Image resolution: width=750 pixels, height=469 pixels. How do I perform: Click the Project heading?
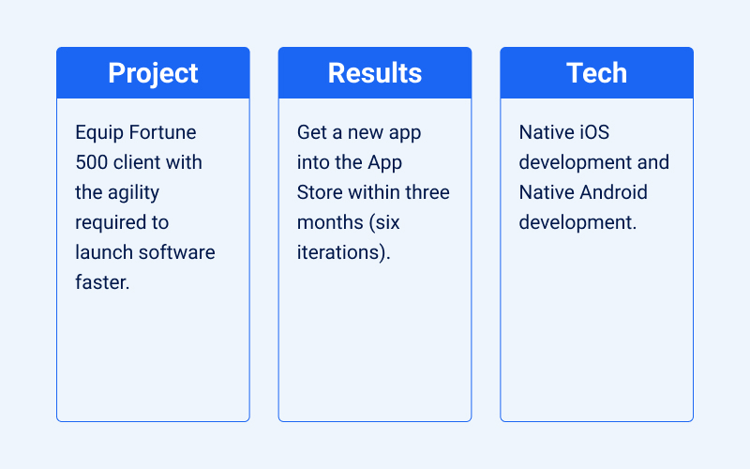coord(153,73)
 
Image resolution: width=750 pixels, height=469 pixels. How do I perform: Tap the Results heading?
coord(375,73)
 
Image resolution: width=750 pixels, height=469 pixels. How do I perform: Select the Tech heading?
coord(596,73)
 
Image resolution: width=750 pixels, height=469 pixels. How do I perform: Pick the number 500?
coord(93,162)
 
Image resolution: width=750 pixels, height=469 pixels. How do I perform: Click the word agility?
coord(132,193)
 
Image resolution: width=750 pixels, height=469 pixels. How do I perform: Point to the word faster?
coord(102,282)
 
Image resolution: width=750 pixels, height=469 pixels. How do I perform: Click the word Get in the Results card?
coord(312,133)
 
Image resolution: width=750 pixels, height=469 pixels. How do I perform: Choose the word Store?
coord(320,192)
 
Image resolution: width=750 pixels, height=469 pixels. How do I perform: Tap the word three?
coord(426,192)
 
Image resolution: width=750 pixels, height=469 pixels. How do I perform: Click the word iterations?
coord(341,252)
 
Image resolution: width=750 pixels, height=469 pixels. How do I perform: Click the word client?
coord(138,162)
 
